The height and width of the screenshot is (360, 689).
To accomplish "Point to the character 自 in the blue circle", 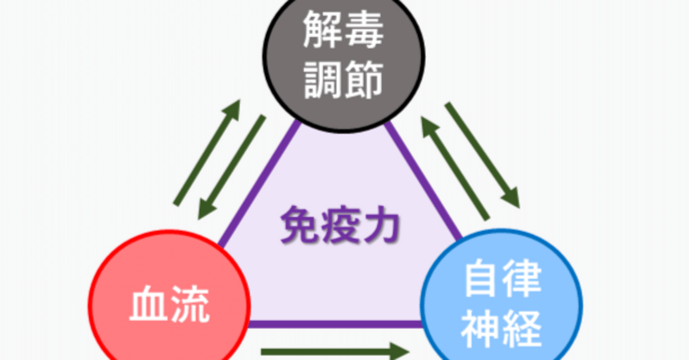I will click(481, 278).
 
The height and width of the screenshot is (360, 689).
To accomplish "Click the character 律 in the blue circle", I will click(522, 278).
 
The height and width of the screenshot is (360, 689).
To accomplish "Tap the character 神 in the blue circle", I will click(481, 326).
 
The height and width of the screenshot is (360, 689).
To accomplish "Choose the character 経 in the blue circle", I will click(522, 326).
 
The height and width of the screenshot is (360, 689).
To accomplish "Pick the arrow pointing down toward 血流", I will click(231, 167).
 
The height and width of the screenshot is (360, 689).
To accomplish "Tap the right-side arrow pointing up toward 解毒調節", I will click(455, 170).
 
